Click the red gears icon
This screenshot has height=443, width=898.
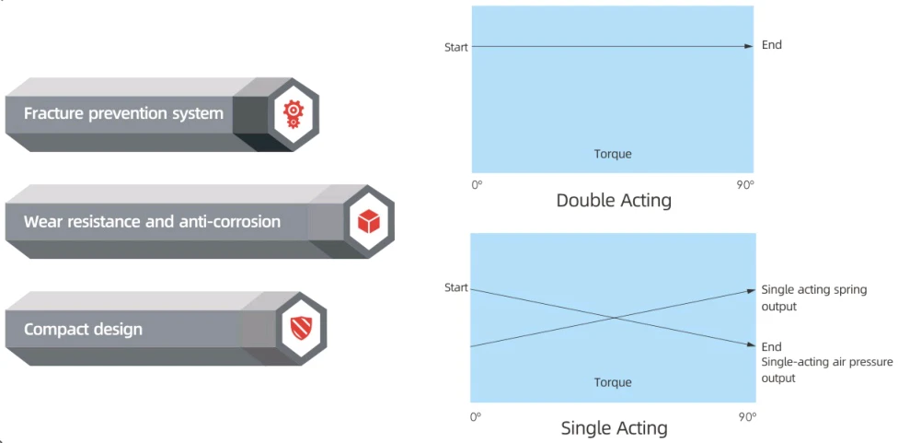(294, 114)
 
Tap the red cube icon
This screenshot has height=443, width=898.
(369, 221)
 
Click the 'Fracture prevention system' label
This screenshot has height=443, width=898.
(123, 113)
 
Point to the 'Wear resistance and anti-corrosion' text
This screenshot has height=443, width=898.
(153, 221)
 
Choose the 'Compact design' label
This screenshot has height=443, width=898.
(83, 330)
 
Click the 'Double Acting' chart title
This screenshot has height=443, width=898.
(614, 201)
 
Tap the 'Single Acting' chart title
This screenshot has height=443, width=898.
(614, 428)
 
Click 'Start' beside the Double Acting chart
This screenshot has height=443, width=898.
(455, 48)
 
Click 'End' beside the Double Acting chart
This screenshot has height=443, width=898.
(771, 45)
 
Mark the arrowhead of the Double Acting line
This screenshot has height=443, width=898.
(749, 46)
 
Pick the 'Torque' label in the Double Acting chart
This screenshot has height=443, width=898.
(612, 154)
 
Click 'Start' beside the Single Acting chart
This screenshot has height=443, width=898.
(455, 287)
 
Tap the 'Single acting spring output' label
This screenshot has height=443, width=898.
(813, 298)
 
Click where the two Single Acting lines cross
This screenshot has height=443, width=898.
(616, 318)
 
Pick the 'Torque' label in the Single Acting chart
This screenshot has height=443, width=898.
(612, 382)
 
